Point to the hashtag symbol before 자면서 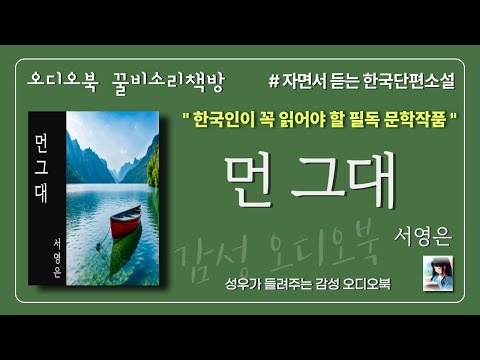275,76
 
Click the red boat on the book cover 125,221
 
